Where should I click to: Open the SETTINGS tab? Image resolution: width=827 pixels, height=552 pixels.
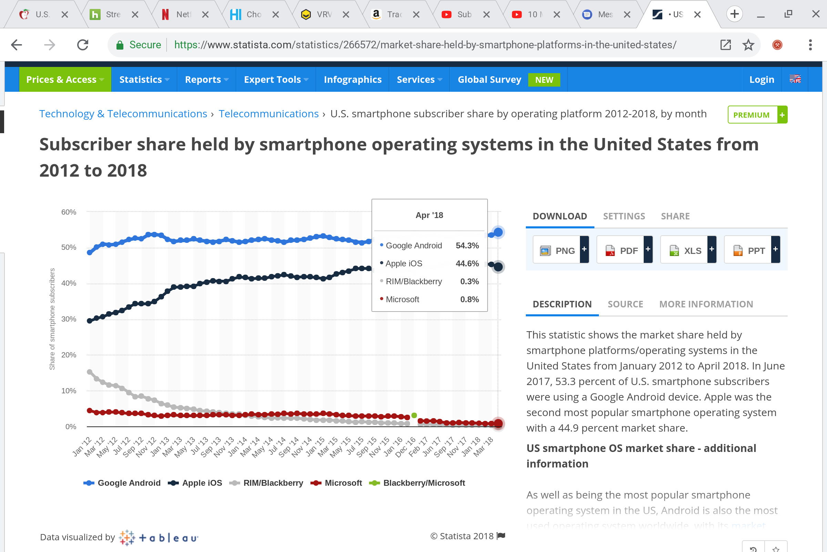click(x=624, y=216)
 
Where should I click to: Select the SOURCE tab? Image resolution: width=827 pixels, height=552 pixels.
click(x=625, y=304)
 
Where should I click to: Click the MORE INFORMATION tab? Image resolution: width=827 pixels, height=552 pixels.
click(x=706, y=304)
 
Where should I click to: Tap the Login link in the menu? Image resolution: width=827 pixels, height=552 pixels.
click(x=761, y=80)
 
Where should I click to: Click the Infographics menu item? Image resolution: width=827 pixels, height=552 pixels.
click(x=352, y=80)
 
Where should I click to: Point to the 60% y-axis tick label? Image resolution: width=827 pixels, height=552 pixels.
click(x=69, y=212)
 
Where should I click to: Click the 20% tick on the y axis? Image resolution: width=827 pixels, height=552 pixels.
click(x=69, y=355)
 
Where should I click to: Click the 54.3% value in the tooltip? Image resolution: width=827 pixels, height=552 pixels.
click(x=467, y=245)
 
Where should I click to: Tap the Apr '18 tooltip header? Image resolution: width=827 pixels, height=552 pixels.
click(x=429, y=215)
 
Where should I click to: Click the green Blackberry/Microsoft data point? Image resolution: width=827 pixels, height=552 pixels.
click(x=414, y=415)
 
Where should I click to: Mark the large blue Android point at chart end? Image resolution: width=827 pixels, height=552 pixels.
click(x=498, y=232)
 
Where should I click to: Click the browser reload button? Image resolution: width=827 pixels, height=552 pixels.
click(x=83, y=45)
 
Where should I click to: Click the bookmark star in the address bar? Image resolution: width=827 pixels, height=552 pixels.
click(x=748, y=45)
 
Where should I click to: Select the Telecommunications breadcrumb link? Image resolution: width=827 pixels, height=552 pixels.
click(x=268, y=114)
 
